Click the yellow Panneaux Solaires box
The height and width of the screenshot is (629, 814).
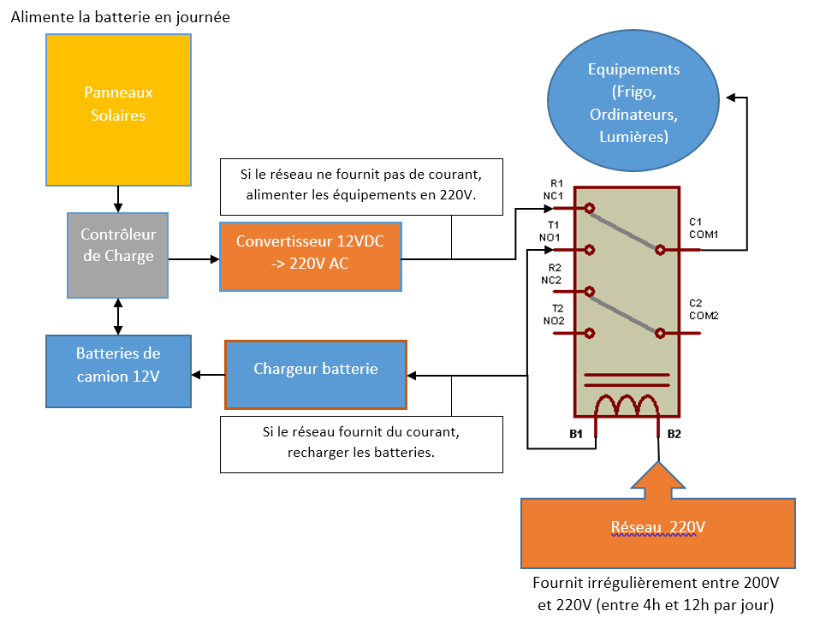click(x=117, y=110)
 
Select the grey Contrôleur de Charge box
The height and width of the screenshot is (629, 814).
click(x=117, y=245)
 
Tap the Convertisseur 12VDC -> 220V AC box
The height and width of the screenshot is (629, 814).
click(x=310, y=253)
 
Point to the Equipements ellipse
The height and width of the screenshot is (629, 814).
click(x=633, y=103)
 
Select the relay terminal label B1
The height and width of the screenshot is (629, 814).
click(x=576, y=434)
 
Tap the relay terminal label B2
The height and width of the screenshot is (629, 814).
click(x=674, y=434)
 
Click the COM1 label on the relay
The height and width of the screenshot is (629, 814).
click(x=704, y=234)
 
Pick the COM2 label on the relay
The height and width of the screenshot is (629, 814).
click(x=704, y=315)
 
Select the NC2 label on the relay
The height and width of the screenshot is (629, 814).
click(x=552, y=279)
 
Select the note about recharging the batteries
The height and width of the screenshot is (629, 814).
click(x=360, y=442)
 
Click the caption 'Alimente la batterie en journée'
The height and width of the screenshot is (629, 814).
click(x=121, y=17)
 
